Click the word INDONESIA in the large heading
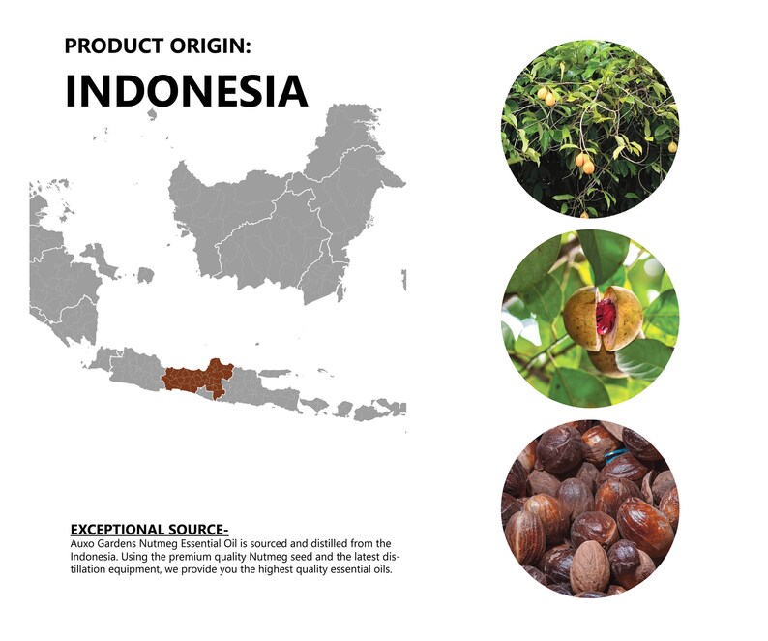point(186,91)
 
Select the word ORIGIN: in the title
point(210,46)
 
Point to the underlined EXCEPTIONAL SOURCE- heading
point(149,530)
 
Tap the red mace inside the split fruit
point(606,316)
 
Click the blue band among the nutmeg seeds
point(616,456)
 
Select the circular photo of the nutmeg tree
point(590,129)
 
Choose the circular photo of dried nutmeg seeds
point(590,508)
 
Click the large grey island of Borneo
point(284,216)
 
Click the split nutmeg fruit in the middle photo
point(604,319)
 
